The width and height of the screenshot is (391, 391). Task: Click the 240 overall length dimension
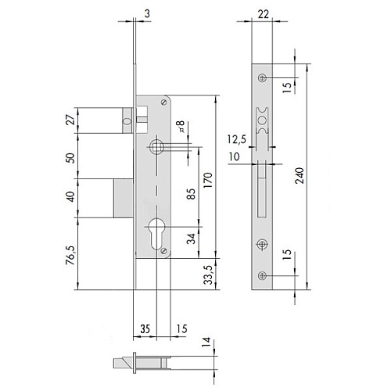300,176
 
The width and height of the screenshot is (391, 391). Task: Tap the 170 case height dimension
208,180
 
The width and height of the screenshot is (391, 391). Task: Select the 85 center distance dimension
191,194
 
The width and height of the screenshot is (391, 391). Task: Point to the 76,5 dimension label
70,256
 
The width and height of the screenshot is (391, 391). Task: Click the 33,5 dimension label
209,274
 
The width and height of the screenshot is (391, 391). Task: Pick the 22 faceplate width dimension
264,14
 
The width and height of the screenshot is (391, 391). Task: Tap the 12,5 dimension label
237,139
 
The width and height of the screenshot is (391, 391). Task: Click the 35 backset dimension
145,329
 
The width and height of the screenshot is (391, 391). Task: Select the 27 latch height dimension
70,120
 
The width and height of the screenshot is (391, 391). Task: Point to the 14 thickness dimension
206,342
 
